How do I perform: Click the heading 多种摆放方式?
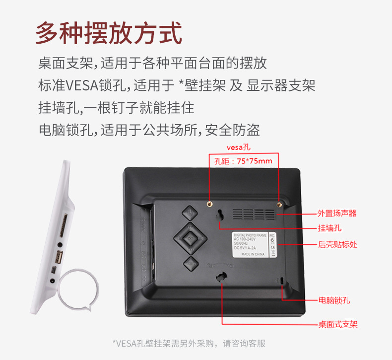coord(109,32)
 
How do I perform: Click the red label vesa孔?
coord(239,147)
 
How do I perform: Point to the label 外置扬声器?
coord(337,214)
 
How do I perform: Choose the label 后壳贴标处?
coord(337,244)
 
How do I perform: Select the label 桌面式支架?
coord(337,325)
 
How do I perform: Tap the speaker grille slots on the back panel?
coord(254,214)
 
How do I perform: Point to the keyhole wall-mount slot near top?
coord(219,215)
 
